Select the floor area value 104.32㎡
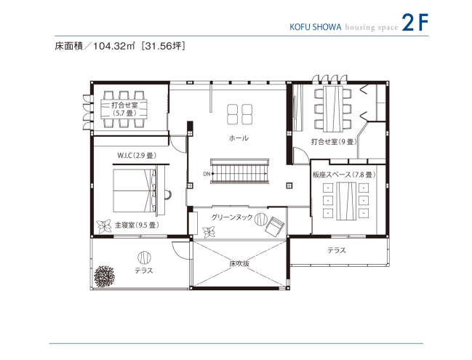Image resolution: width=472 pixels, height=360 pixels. [x=113, y=46]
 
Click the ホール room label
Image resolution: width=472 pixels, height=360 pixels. [x=239, y=138]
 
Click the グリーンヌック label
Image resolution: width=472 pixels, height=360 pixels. [x=232, y=217]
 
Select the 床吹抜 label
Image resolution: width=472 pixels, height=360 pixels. [x=239, y=263]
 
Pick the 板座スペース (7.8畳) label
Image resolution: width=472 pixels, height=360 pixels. [x=343, y=175]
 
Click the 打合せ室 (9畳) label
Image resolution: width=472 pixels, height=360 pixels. [x=332, y=142]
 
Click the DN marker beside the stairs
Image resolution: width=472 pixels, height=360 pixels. [x=206, y=175]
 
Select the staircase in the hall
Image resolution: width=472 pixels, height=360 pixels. [x=240, y=173]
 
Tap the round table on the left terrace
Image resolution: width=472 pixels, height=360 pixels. [x=143, y=256]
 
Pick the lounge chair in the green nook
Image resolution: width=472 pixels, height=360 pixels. [x=275, y=226]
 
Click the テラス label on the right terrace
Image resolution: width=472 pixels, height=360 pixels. [x=336, y=250]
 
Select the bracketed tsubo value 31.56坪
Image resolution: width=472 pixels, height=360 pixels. [x=167, y=46]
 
